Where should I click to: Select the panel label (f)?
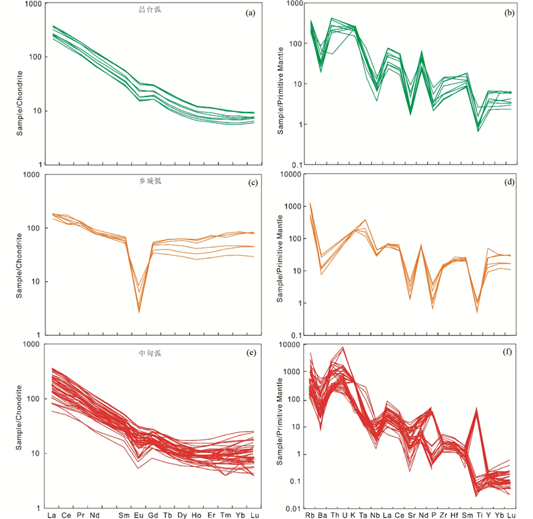(506, 352)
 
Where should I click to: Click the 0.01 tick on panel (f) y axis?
(290, 509)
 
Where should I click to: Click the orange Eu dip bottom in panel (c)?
(139, 310)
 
